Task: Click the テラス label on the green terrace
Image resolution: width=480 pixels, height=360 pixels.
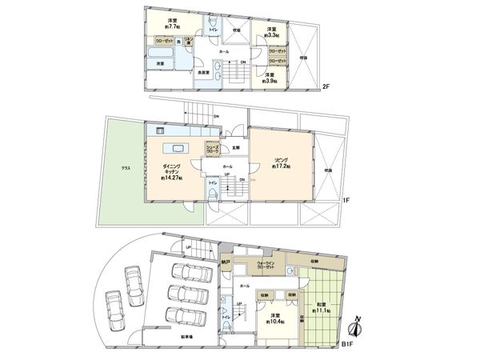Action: tap(126, 168)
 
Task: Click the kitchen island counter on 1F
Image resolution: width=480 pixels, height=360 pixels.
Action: tap(175, 147)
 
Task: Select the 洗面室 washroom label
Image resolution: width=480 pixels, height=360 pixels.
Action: tap(204, 73)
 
